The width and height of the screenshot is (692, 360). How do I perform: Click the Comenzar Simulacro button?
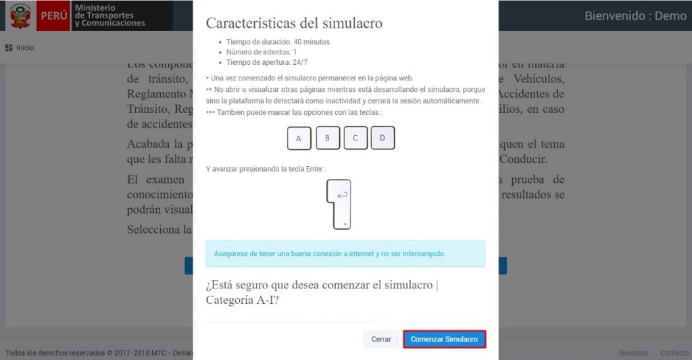(444, 339)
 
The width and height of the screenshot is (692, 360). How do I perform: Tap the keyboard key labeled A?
(299, 139)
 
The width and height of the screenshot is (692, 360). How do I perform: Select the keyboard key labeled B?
(327, 138)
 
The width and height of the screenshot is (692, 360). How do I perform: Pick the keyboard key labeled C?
(355, 138)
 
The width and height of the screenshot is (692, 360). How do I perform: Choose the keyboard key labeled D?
(382, 138)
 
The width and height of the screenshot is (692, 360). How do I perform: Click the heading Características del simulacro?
(294, 23)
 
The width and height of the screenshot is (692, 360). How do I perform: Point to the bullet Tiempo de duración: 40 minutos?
(278, 42)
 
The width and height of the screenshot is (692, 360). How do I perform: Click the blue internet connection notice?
(345, 253)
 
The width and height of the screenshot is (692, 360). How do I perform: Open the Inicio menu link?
(25, 48)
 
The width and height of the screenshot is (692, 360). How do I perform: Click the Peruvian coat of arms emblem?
(20, 16)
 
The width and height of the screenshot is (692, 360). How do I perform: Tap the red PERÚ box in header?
(53, 16)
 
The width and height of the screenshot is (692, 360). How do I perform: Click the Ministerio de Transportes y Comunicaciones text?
(109, 16)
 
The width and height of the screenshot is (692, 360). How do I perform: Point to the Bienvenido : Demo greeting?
(635, 16)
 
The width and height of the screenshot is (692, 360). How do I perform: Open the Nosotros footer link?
(633, 353)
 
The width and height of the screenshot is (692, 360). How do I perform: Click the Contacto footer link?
(674, 353)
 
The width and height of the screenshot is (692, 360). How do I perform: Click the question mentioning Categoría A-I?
(322, 292)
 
